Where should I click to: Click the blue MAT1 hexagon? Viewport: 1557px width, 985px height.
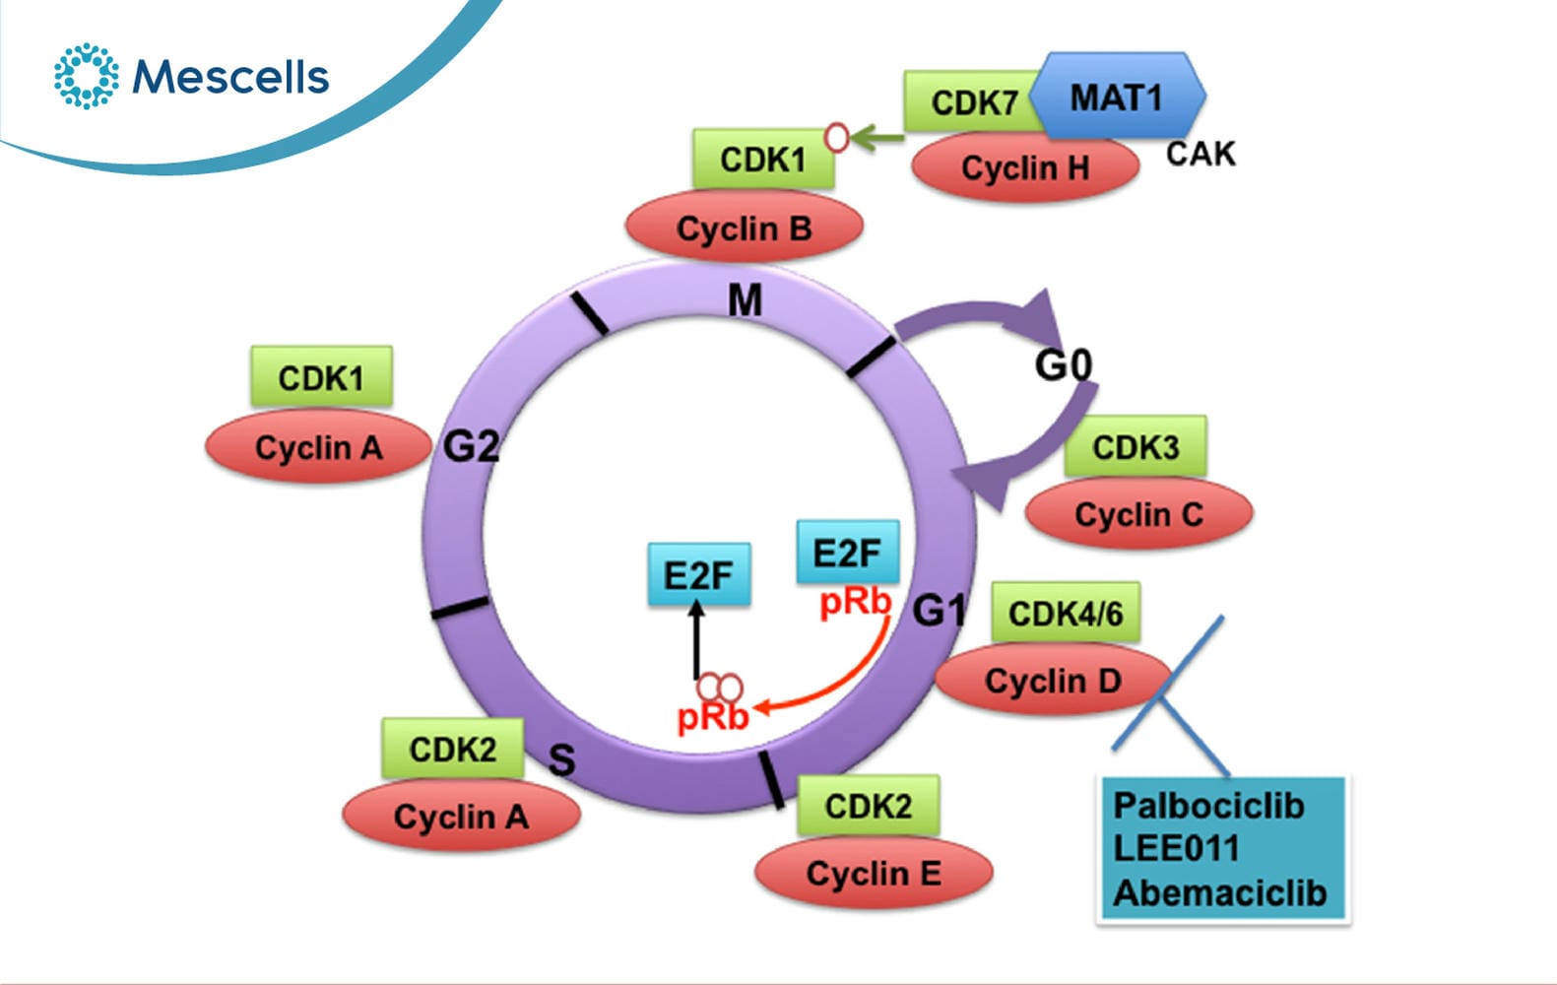point(1117,96)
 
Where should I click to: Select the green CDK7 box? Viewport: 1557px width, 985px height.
point(973,102)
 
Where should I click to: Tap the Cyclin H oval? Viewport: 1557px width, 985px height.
point(1025,167)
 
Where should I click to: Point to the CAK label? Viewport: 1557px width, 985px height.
point(1200,154)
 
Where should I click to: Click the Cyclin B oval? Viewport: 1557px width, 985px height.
point(745,227)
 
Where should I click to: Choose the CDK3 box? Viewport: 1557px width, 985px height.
point(1135,446)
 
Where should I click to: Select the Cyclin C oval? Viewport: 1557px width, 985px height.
point(1138,514)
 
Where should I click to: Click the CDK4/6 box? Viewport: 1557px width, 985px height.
point(1066,613)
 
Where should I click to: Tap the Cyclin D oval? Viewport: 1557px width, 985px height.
point(1053,679)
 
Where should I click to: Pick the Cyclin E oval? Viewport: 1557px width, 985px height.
point(874,873)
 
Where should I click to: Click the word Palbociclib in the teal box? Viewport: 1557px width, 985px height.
point(1208,806)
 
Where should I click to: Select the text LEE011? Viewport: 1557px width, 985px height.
point(1176,848)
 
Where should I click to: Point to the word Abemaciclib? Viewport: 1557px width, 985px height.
point(1220,892)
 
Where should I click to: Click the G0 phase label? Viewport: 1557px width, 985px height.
point(1064,364)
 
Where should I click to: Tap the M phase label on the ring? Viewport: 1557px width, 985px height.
point(745,301)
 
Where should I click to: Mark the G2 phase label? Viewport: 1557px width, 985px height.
point(472,446)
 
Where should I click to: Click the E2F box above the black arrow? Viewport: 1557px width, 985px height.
point(698,574)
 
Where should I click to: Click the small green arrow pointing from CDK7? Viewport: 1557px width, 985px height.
point(876,138)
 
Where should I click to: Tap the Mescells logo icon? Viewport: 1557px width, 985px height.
point(87,76)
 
